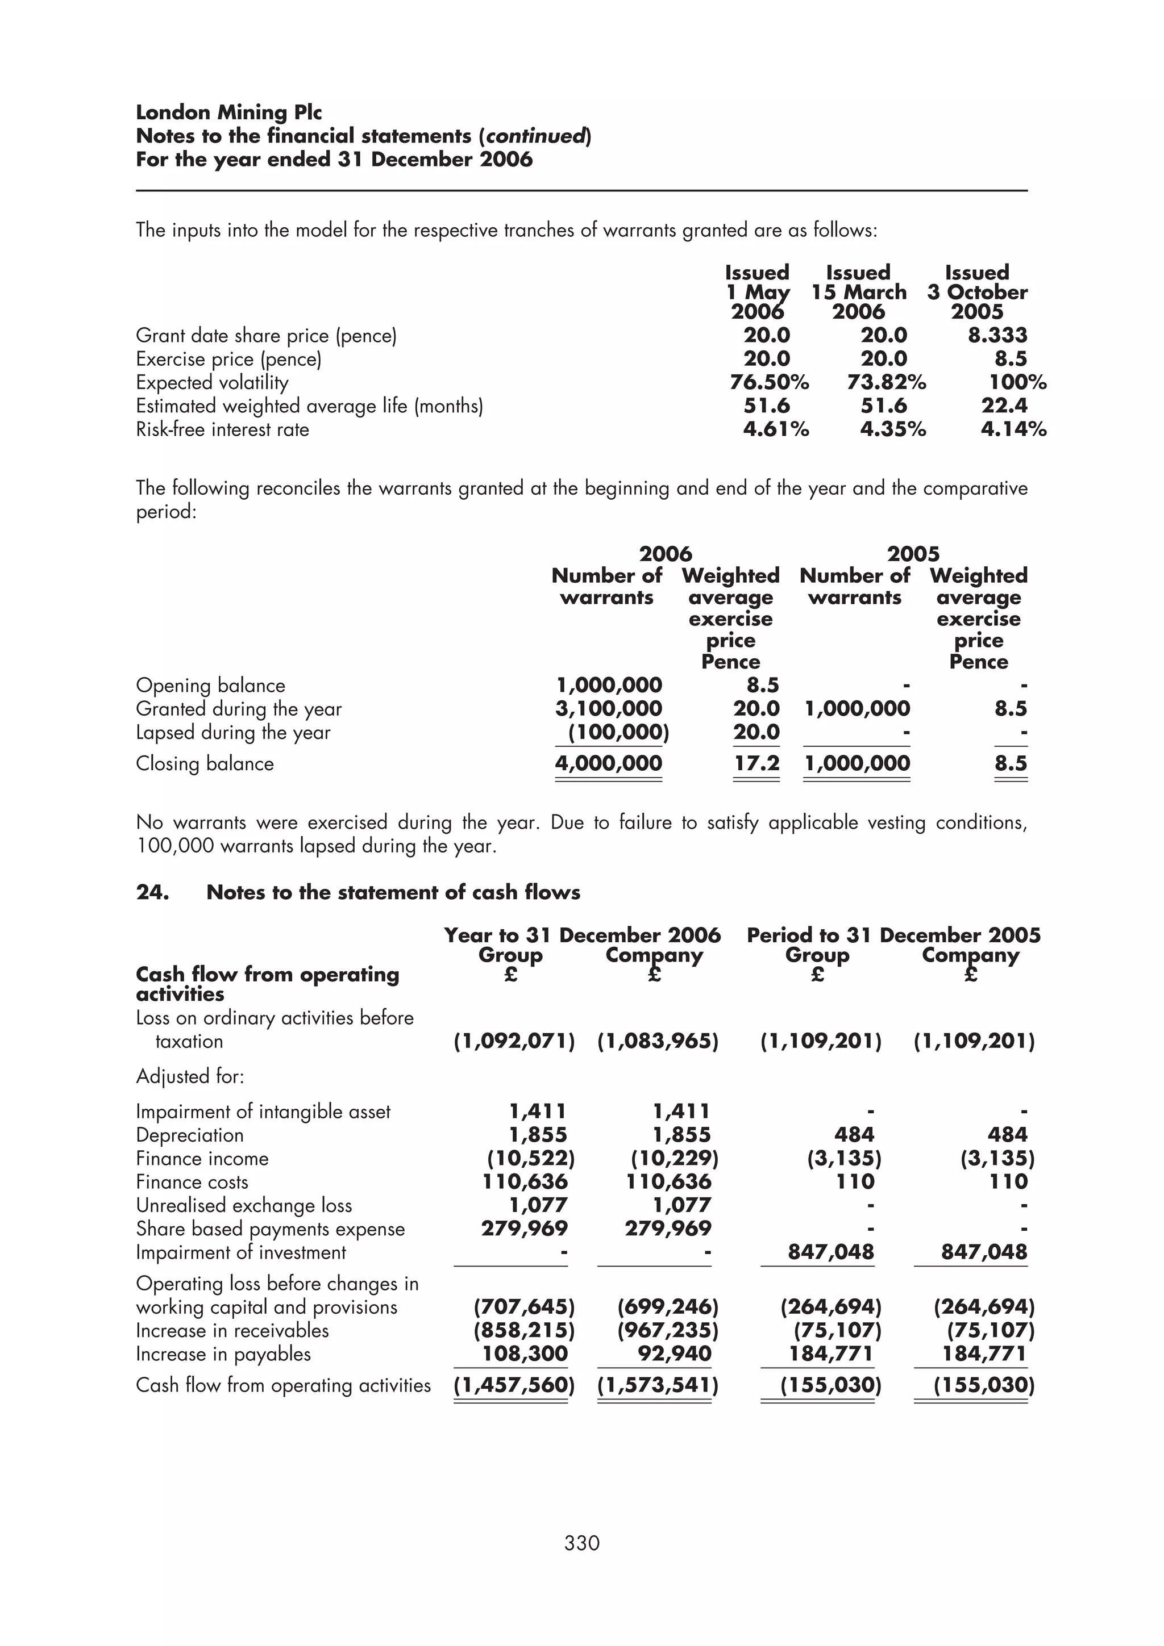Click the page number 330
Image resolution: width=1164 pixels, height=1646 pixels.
point(581,1543)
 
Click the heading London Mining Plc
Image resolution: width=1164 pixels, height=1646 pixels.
point(229,112)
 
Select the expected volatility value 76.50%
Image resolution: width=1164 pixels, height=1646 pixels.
point(769,383)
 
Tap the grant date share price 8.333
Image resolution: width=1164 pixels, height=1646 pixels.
point(997,336)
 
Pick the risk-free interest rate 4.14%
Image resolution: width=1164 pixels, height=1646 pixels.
point(1013,429)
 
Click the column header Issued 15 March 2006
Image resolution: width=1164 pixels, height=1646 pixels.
point(858,292)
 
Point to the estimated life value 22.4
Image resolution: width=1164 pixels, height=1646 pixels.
point(1004,406)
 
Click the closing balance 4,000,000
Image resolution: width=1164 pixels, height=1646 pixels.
point(608,763)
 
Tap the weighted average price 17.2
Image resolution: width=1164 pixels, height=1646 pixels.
point(756,763)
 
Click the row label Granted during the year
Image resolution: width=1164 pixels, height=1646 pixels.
point(239,709)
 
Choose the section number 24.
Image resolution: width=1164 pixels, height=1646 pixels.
point(152,892)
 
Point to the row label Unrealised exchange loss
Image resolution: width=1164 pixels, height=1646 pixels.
point(244,1206)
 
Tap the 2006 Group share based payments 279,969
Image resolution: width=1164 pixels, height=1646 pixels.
point(524,1229)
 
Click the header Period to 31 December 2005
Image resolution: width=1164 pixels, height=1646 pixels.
point(893,935)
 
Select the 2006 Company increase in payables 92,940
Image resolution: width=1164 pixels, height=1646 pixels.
point(674,1353)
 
